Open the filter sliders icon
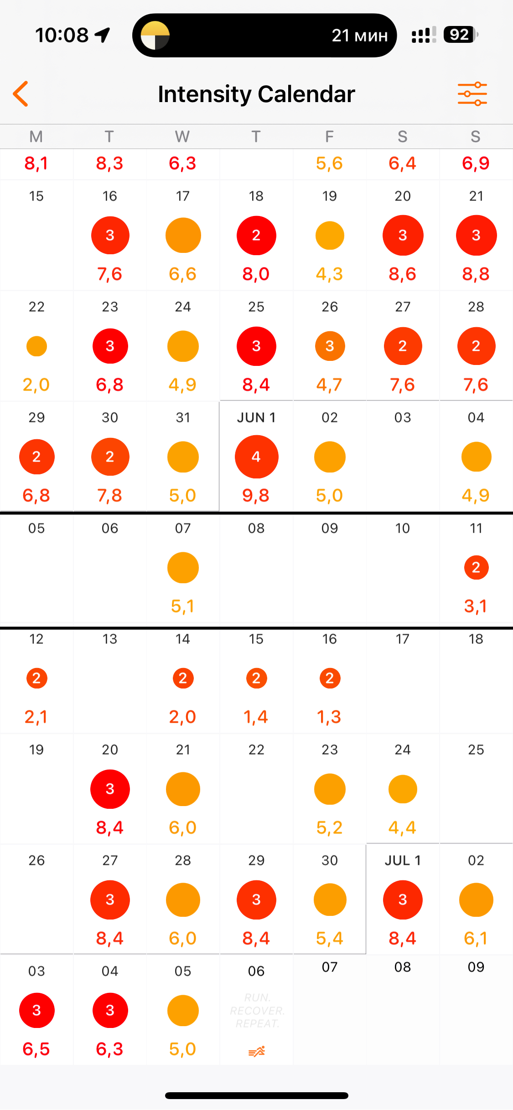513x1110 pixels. coord(472,94)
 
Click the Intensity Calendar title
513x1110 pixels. coord(256,94)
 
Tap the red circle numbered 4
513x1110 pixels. coord(256,457)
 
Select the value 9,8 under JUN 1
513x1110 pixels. coord(256,495)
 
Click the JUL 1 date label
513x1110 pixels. coord(402,860)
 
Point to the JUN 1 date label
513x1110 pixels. coord(256,417)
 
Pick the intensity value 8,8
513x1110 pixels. coord(476,274)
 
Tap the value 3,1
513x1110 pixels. coord(476,606)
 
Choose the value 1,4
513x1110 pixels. coord(256,717)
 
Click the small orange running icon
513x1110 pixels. coord(256,1052)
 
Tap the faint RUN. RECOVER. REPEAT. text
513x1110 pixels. coord(257,1011)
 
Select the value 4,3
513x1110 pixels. coord(329,274)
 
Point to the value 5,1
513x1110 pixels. coord(182,606)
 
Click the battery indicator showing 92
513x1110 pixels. coord(460,35)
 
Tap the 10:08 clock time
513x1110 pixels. coord(62,35)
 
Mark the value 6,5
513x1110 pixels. coord(36,1049)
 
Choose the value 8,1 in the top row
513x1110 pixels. coord(36,163)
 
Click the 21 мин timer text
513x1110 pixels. coord(359,36)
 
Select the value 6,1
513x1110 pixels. coord(476,938)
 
